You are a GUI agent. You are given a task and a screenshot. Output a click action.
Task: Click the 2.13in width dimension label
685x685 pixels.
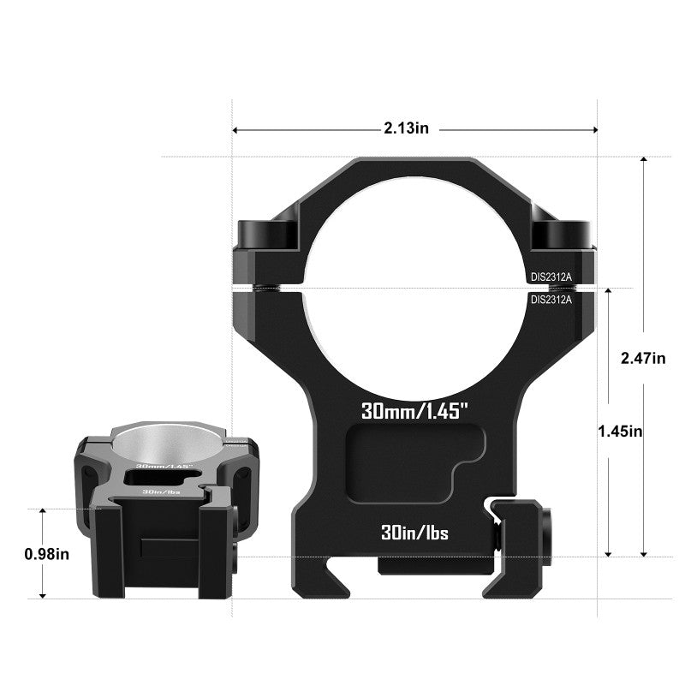406,128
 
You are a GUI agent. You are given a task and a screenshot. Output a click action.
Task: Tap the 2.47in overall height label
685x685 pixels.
642,358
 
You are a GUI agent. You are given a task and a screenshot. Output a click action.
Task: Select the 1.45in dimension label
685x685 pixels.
620,432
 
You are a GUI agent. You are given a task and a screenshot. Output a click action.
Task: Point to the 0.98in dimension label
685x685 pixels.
47,554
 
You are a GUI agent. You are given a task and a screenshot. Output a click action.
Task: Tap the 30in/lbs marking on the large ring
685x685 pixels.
415,533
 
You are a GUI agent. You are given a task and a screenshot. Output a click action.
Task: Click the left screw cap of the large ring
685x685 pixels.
266,232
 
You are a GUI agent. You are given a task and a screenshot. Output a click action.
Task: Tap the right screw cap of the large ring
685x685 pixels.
562,232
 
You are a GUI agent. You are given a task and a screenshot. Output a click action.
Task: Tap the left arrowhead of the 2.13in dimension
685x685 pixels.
236,130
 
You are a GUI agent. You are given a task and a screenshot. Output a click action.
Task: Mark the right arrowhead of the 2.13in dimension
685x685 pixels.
594,130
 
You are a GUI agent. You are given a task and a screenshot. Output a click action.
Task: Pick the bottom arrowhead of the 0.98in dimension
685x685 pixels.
42,594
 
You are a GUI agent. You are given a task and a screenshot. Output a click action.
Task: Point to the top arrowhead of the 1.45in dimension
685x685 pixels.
608,293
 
